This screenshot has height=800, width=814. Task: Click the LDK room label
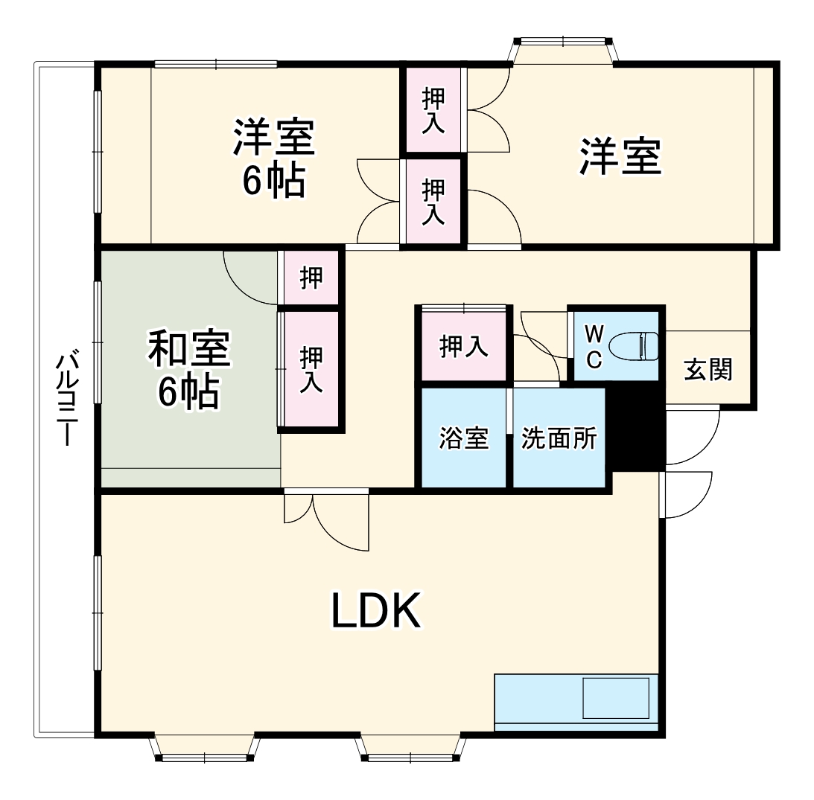point(376,612)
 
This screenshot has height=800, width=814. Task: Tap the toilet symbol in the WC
point(633,346)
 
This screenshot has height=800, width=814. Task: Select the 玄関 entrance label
point(708,369)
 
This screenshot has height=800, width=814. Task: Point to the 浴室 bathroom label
point(463,438)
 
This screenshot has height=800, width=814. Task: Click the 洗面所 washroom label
point(559,438)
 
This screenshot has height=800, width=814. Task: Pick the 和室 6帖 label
point(189,371)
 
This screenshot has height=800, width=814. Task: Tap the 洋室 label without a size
point(620,156)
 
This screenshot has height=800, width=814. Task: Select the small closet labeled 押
point(311,278)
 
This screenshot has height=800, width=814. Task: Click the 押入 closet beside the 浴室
point(463,346)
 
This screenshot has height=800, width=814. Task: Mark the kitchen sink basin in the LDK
point(616,697)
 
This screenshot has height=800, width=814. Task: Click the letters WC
point(594,346)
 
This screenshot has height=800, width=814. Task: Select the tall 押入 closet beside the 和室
point(311,370)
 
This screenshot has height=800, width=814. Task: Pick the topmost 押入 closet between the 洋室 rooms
point(433,110)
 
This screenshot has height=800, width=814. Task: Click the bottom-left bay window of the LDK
point(204,748)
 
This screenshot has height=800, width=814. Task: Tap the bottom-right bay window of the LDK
point(410,748)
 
